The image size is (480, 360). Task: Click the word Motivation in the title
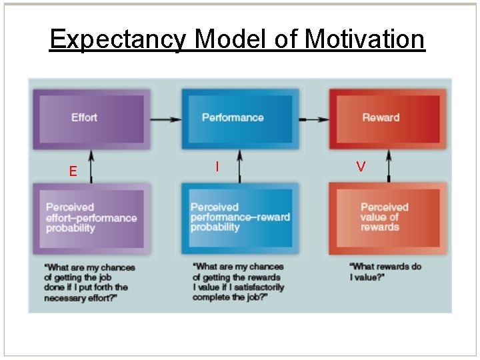[364, 40]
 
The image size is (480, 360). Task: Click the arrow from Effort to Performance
[165, 120]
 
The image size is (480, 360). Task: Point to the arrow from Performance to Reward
[313, 120]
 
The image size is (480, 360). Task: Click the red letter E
[73, 171]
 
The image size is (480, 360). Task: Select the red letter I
[217, 167]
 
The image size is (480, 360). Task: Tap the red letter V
[361, 167]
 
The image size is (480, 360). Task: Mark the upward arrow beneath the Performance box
[239, 167]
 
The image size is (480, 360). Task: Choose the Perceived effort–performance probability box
[91, 218]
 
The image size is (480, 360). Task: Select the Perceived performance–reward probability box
[239, 218]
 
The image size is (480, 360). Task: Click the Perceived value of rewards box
[387, 218]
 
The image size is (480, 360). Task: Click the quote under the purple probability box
[89, 283]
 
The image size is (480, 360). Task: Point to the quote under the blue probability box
[238, 282]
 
